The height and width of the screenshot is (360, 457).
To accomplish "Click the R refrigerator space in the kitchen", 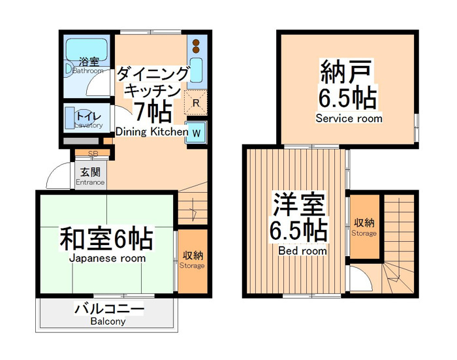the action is coord(196,103).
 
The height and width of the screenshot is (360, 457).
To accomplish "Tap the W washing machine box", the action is coord(196,132).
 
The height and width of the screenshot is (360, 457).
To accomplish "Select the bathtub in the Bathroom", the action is coord(87,49).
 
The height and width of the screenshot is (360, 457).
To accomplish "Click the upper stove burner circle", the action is coord(196,42).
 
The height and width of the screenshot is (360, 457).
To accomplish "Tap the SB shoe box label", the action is coord(93,153).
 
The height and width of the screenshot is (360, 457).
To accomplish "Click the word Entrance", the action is coord(90,182).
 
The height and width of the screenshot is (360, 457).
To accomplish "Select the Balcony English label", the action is coord(108,321).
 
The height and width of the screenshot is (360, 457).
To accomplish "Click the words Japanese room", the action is coord(108,258).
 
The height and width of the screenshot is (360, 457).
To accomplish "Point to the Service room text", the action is coord(349,118).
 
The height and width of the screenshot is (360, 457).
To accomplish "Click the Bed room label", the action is coord(302,251).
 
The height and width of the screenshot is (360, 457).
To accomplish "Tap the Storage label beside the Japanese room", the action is coord(192,266).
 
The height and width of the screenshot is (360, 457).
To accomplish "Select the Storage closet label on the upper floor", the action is coord(364,233).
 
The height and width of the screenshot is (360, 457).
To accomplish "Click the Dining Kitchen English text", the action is coord(152,131).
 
